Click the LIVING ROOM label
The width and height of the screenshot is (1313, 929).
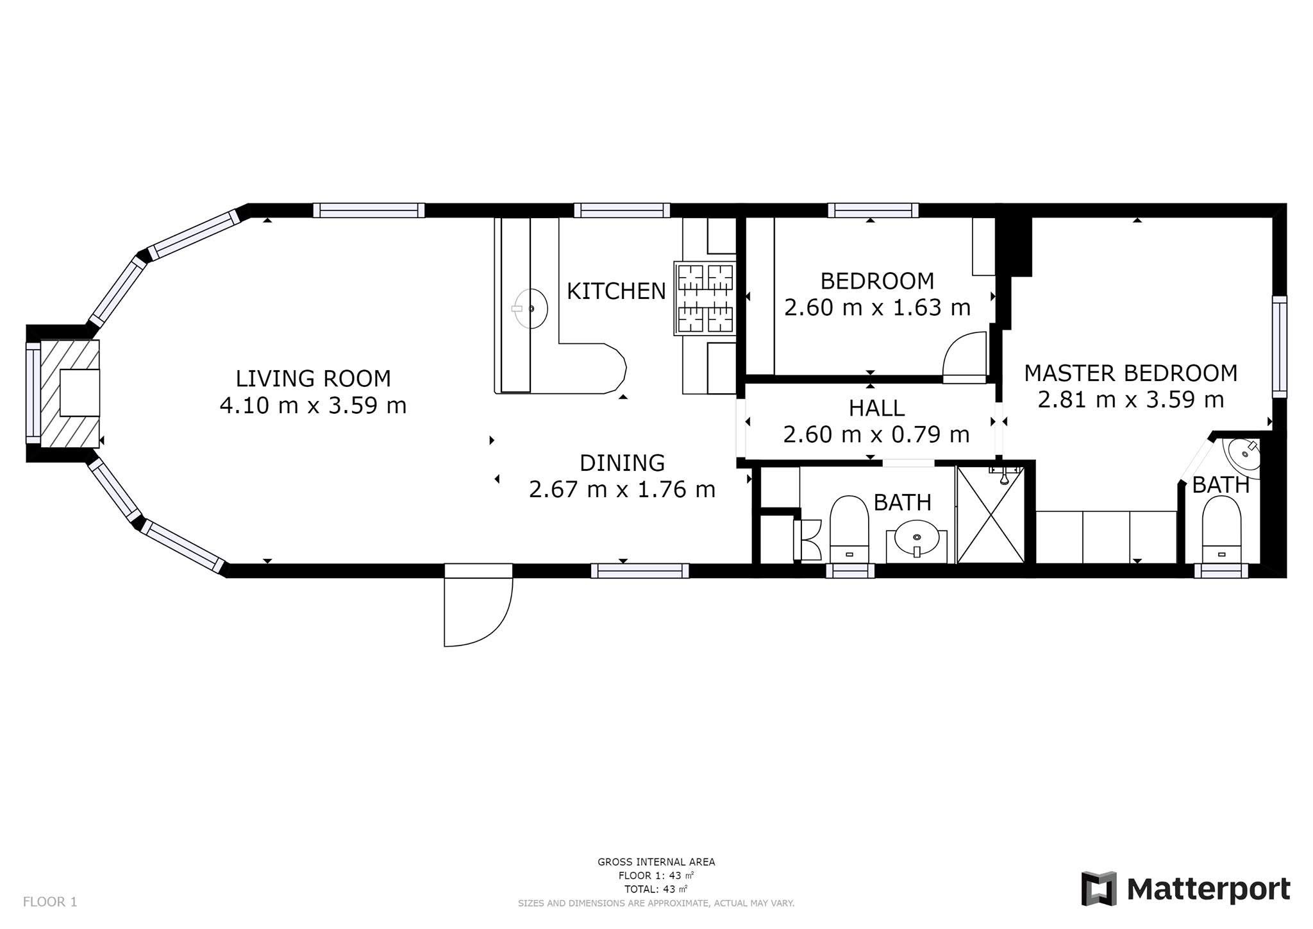click(313, 379)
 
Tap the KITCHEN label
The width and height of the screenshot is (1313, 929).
click(616, 291)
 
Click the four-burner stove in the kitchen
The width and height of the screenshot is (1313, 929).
click(705, 298)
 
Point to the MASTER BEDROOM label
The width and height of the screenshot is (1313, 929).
click(1130, 373)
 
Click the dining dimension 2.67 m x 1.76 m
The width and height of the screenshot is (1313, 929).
click(622, 490)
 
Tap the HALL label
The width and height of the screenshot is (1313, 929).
click(876, 408)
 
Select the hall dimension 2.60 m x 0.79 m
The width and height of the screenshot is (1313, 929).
click(876, 435)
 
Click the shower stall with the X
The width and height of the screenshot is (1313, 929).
click(991, 515)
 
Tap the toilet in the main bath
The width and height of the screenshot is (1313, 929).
click(849, 529)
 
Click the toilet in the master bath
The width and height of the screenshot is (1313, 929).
click(1221, 530)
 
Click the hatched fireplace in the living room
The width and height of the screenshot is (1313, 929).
click(70, 394)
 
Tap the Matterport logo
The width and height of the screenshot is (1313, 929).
click(1185, 889)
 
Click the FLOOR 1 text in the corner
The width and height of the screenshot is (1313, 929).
click(50, 902)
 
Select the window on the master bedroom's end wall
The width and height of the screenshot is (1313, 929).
click(1280, 347)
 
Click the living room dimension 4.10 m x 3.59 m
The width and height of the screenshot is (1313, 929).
click(313, 405)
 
